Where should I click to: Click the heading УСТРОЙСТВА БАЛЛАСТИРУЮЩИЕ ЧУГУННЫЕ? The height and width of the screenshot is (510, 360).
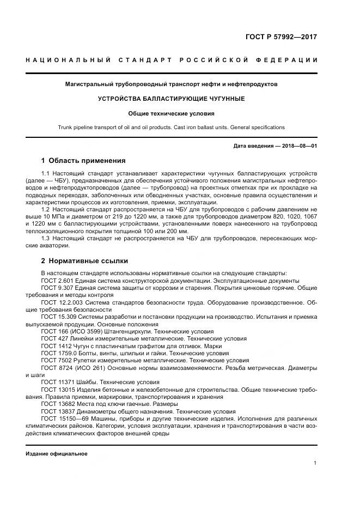[x=171, y=99]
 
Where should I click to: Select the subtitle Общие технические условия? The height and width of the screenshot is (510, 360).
[x=171, y=113]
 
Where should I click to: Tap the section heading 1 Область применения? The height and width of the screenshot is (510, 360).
[x=83, y=161]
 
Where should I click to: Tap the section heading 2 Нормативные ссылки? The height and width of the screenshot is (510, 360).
[x=84, y=260]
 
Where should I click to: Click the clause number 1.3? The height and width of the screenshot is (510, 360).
[x=46, y=238]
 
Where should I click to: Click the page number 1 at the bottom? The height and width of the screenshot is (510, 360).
[x=315, y=463]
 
